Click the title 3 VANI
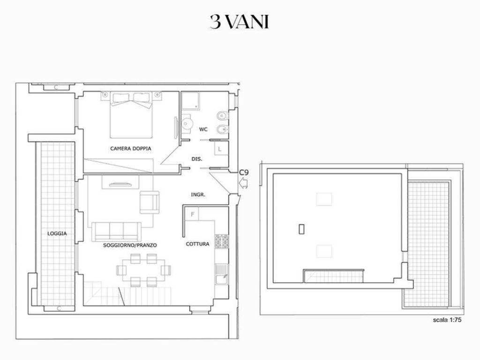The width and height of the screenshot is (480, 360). pyautogui.click(x=240, y=22)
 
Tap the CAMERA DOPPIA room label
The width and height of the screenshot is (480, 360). pyautogui.click(x=131, y=149)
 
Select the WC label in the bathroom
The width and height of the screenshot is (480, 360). pyautogui.click(x=203, y=129)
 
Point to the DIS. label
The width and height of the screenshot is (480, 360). pyautogui.click(x=197, y=159)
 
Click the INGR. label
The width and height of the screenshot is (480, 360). pyautogui.click(x=198, y=195)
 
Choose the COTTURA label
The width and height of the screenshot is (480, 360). pyautogui.click(x=198, y=244)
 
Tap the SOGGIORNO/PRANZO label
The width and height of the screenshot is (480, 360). pyautogui.click(x=130, y=245)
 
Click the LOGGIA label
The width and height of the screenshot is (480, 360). pyautogui.click(x=57, y=233)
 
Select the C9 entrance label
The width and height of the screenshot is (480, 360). pyautogui.click(x=244, y=172)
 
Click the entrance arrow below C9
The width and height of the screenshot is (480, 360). pyautogui.click(x=243, y=183)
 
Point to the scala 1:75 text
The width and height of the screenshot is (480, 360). pyautogui.click(x=447, y=320)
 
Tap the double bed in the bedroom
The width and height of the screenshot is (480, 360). pyautogui.click(x=131, y=115)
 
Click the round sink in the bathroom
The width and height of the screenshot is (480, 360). pyautogui.click(x=186, y=124)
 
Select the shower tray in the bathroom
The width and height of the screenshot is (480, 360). pyautogui.click(x=190, y=101)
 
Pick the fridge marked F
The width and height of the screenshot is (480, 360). pyautogui.click(x=192, y=214)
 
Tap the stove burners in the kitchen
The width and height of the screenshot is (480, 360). pyautogui.click(x=222, y=241)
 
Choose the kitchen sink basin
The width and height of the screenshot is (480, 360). pyautogui.click(x=222, y=279)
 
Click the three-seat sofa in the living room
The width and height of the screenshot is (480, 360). pyautogui.click(x=116, y=232)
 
